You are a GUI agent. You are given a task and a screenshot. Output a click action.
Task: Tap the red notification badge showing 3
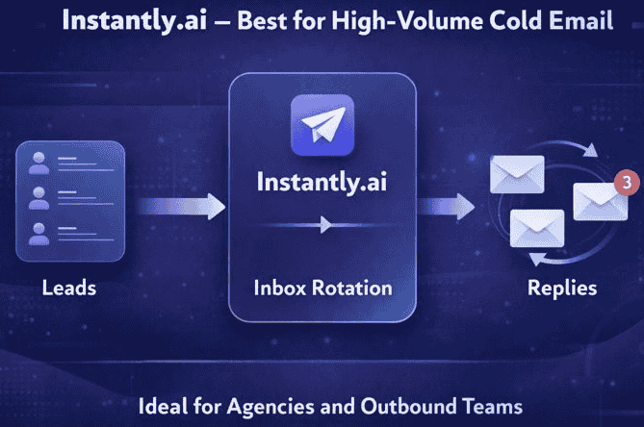click(x=626, y=181)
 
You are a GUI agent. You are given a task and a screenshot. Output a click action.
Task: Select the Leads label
click(x=69, y=287)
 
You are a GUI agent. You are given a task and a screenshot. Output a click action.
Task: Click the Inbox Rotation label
click(x=322, y=287)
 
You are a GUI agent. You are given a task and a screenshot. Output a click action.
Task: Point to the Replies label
click(x=562, y=287)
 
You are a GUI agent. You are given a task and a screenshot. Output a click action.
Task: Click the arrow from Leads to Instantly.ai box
click(x=183, y=206)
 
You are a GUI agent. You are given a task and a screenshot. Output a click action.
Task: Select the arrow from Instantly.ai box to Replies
click(x=448, y=206)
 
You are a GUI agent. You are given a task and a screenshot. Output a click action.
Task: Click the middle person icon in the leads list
click(x=40, y=198)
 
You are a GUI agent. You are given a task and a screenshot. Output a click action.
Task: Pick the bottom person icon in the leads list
click(x=40, y=233)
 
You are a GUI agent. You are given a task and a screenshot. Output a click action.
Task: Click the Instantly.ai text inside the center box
click(x=322, y=182)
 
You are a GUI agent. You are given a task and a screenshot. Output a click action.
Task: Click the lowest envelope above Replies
click(x=536, y=229)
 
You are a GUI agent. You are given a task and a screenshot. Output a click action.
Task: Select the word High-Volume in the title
click(x=405, y=20)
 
